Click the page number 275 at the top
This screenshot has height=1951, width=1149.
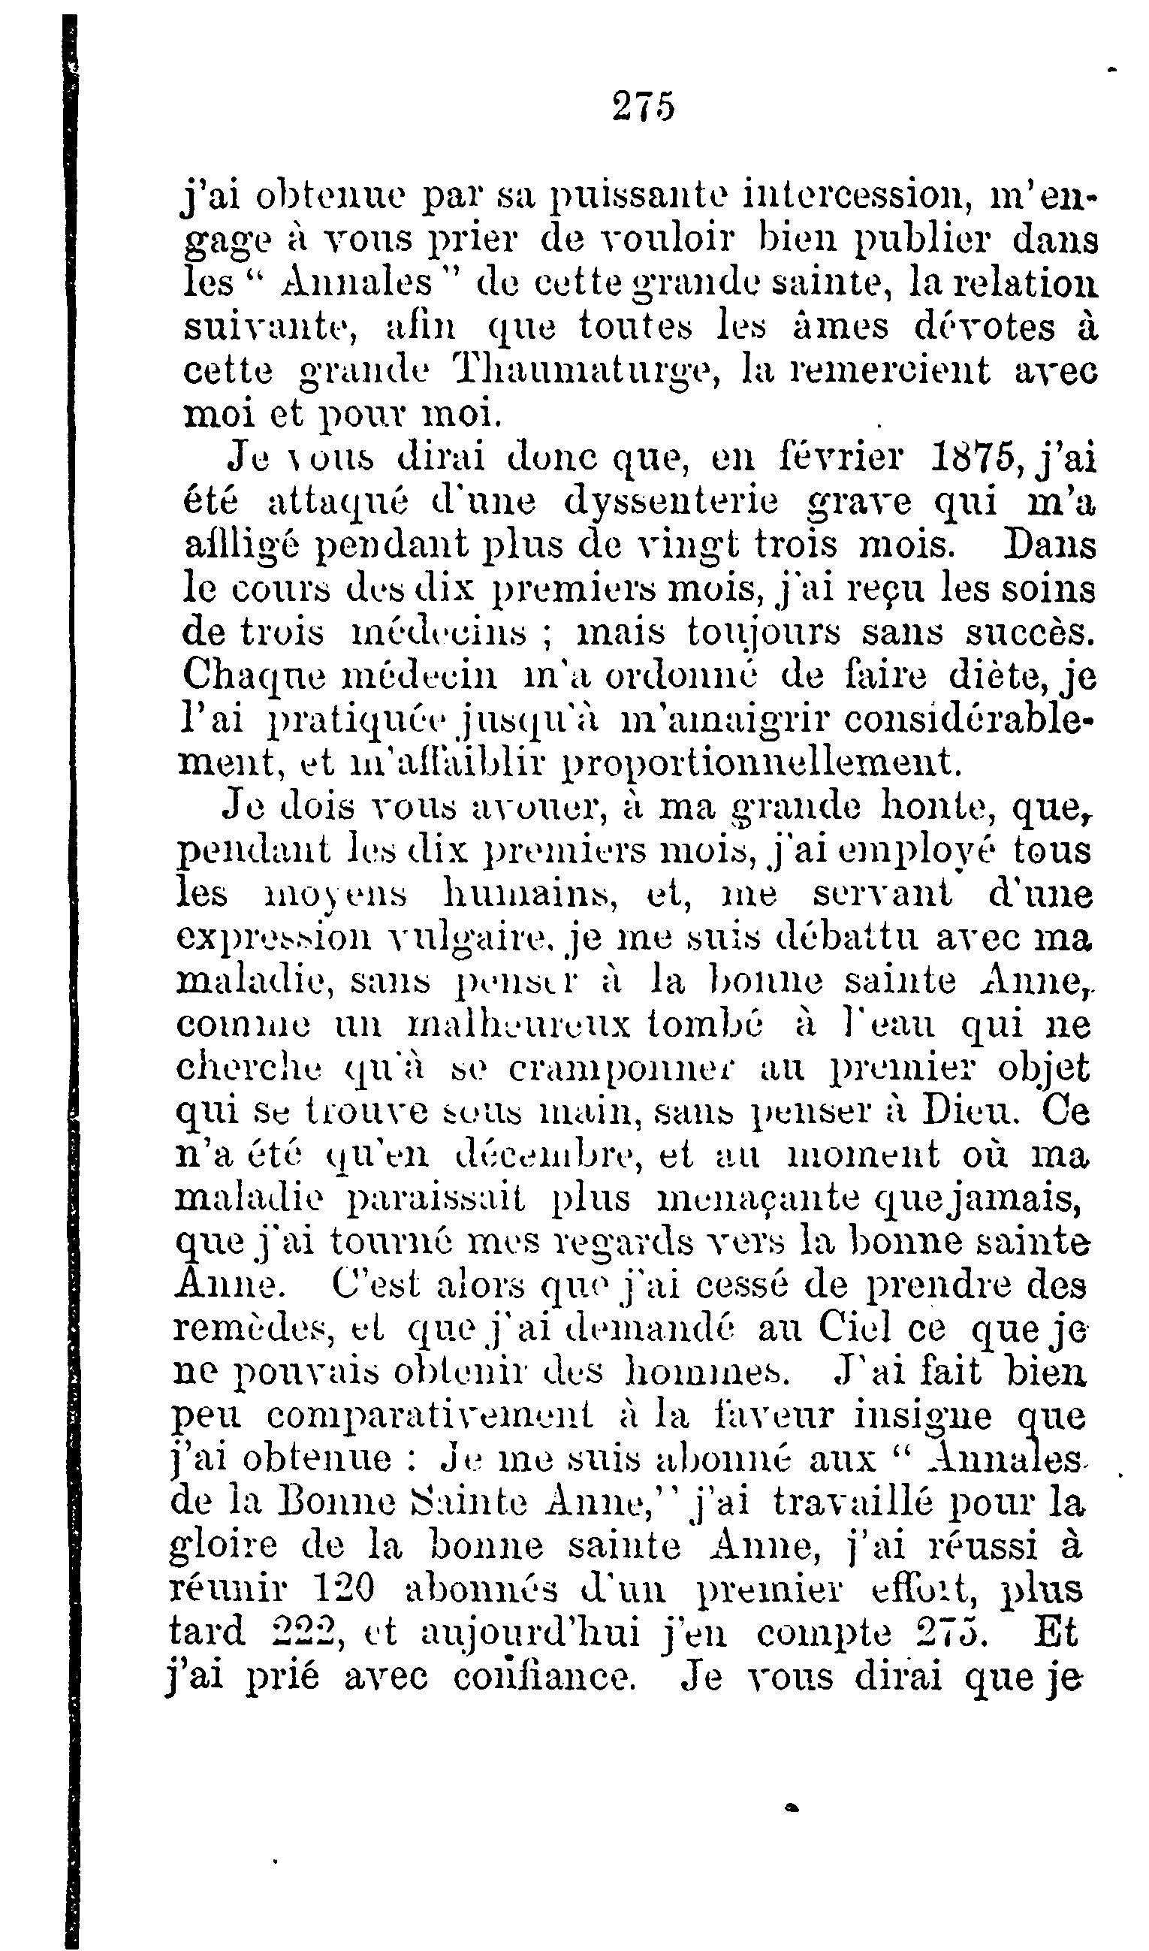(x=643, y=106)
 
